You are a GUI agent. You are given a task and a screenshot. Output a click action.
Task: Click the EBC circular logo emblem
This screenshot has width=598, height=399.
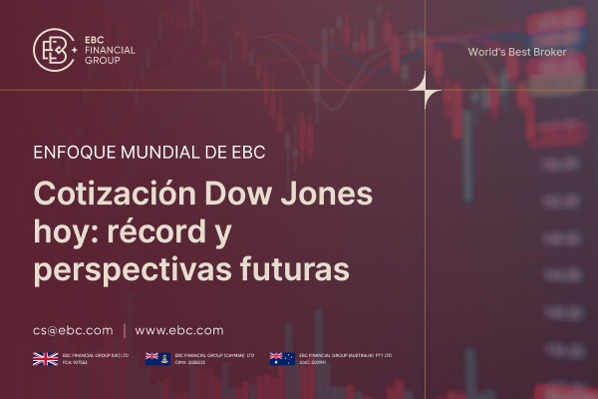55,49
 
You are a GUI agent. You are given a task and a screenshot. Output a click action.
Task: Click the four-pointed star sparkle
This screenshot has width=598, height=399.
426,91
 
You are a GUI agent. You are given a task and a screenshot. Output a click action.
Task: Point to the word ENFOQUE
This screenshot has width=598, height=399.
72,156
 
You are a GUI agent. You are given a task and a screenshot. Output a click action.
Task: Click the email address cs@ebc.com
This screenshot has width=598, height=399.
72,330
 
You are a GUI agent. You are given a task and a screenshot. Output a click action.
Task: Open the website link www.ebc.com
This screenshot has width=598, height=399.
178,330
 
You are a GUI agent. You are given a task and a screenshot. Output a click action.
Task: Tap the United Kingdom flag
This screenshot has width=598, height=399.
45,359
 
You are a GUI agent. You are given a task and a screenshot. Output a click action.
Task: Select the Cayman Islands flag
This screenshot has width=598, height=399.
157,359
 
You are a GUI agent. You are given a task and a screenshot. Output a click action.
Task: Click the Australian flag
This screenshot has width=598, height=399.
282,359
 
